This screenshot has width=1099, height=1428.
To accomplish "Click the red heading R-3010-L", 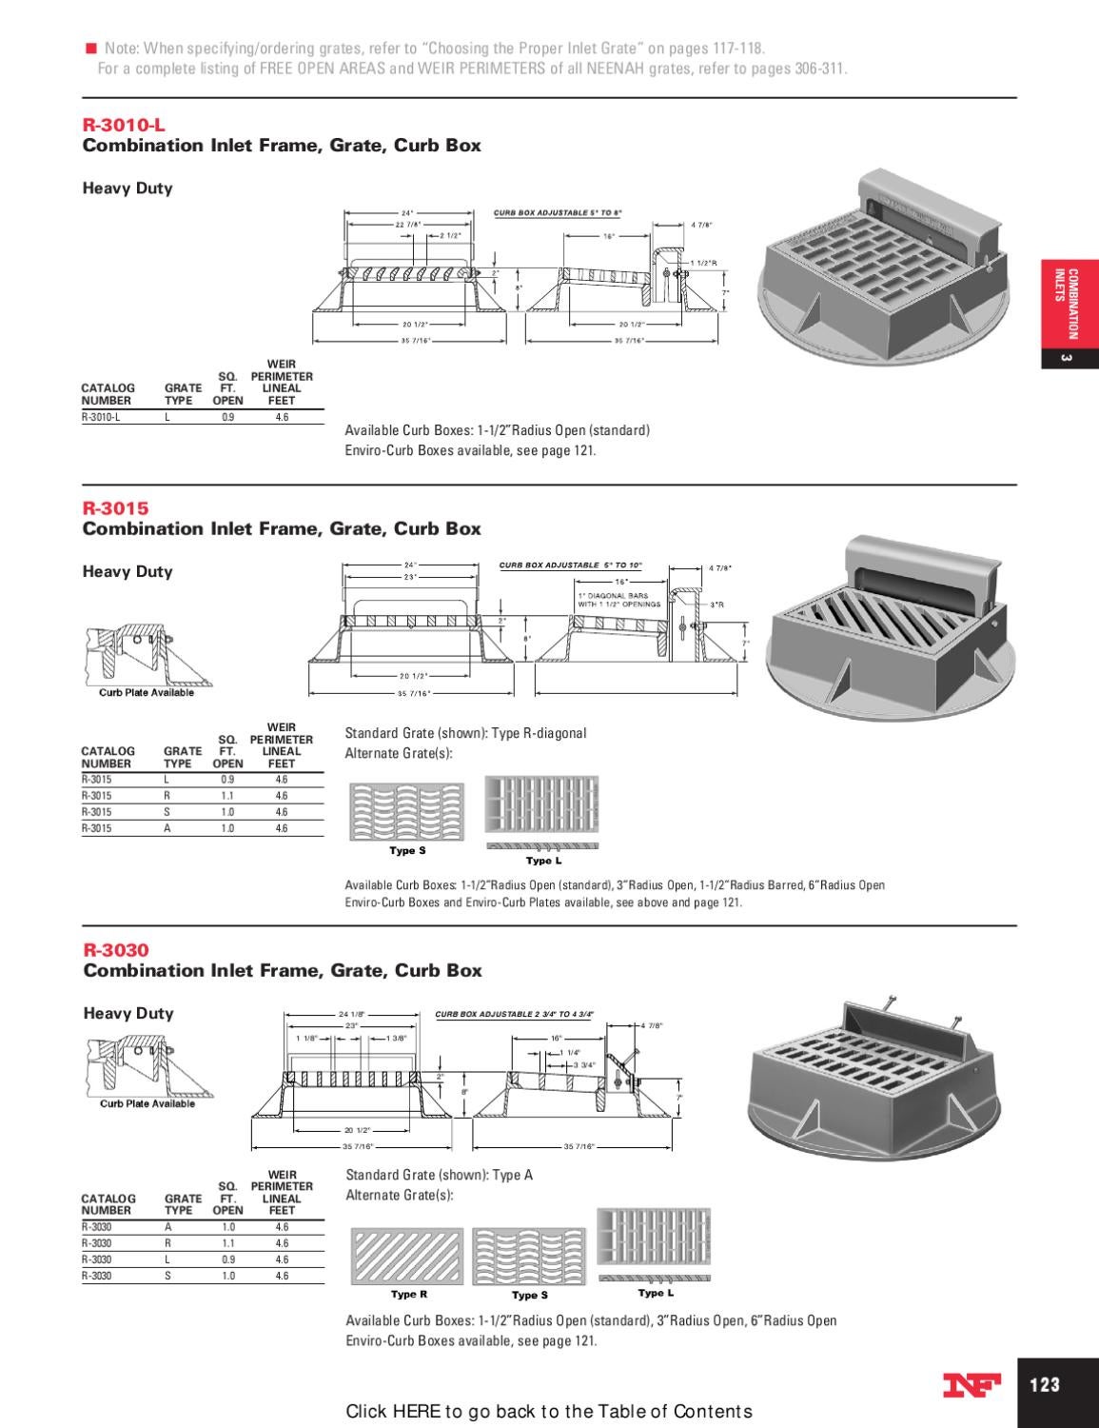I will click(117, 125).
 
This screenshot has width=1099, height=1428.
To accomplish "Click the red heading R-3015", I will click(115, 508).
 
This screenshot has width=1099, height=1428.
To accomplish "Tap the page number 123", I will click(1045, 1384).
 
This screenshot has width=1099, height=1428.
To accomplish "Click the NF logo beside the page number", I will click(971, 1386).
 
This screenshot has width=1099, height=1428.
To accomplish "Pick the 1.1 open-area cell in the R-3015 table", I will click(227, 796).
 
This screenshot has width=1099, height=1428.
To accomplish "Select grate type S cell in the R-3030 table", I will click(167, 1276).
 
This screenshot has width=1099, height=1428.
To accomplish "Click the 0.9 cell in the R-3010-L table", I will click(227, 417).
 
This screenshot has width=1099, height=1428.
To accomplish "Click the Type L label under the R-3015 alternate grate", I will click(544, 861).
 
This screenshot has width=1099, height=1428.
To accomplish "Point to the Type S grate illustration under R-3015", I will click(407, 810).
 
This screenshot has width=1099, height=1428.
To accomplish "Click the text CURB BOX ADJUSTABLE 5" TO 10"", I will click(571, 565).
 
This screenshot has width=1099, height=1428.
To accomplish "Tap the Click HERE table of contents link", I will click(549, 1411).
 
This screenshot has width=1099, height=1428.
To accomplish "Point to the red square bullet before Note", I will click(91, 48).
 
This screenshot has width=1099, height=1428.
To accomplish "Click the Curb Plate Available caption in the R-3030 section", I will click(147, 1104).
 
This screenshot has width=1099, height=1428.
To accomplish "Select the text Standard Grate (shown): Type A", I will click(439, 1175).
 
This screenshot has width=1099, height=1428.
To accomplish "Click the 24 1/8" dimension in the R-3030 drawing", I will click(352, 1014).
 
